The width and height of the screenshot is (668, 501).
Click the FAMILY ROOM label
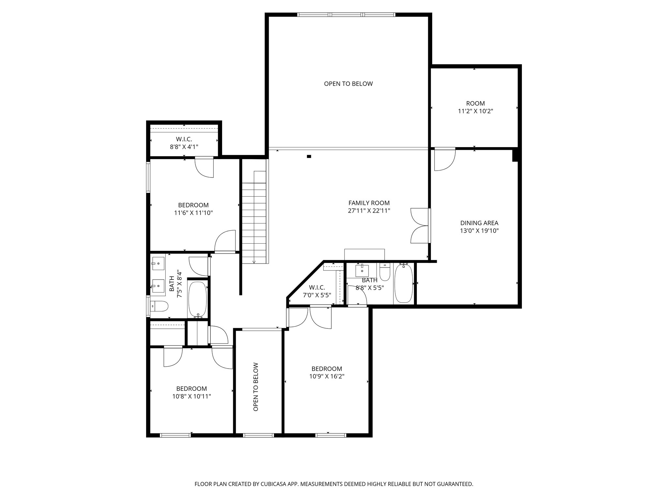pos(369,203)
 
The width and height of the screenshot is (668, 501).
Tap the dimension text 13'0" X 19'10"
pos(479,231)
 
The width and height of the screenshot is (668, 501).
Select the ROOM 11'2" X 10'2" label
pos(475,107)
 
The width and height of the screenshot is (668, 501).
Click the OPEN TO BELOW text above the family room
pos(348,84)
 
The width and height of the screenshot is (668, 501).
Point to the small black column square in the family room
pos(309,157)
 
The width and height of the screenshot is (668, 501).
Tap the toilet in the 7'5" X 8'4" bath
pos(160,306)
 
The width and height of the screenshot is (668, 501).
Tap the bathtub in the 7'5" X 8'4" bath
pos(198,299)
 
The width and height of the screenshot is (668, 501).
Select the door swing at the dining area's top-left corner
pos(444,160)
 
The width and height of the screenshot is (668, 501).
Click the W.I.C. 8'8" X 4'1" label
pos(184,143)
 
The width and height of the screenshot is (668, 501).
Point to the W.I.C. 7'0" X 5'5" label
pos(317,291)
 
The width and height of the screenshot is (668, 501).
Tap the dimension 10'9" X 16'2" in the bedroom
pos(327,376)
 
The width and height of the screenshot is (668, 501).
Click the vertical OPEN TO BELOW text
pos(256,387)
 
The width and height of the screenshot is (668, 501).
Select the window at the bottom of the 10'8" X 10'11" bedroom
pos(175,435)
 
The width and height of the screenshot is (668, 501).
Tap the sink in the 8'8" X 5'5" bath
pos(362,270)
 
